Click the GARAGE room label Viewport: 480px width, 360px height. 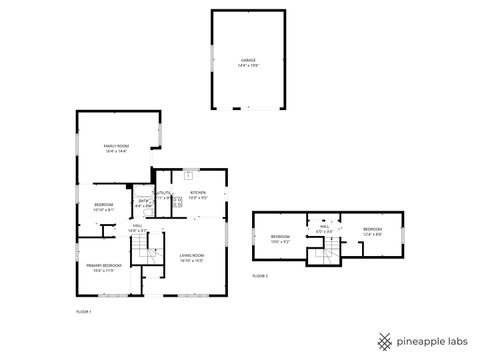pyautogui.click(x=248, y=60)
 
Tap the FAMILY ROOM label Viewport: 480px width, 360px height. pyautogui.click(x=117, y=146)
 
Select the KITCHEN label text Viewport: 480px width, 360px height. pyautogui.click(x=198, y=192)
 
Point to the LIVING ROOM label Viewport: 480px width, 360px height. pyautogui.click(x=192, y=257)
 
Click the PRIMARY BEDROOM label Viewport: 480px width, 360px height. pyautogui.click(x=103, y=266)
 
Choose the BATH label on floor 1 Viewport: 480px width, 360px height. pyautogui.click(x=144, y=201)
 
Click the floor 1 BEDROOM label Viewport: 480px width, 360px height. pyautogui.click(x=104, y=206)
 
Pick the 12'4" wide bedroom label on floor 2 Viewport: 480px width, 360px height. pyautogui.click(x=372, y=230)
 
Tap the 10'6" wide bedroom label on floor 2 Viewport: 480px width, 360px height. pyautogui.click(x=279, y=238)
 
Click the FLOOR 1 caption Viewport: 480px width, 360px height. pyautogui.click(x=84, y=313)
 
